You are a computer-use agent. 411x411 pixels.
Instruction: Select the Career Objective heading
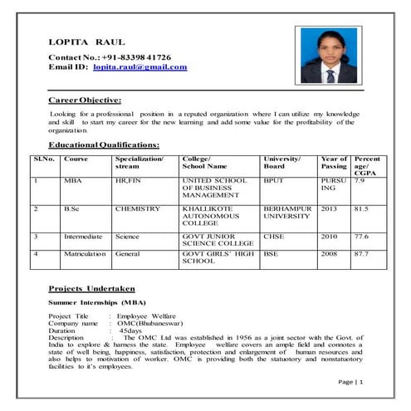tap(91, 100)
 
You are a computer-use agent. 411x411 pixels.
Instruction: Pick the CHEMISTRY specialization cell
tap(137, 209)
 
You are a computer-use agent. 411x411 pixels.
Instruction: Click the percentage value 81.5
tap(361, 209)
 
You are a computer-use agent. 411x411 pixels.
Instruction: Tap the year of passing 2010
tap(329, 237)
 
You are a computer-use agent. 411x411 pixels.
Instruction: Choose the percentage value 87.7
tap(361, 253)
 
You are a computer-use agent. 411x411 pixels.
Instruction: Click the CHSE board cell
tap(273, 237)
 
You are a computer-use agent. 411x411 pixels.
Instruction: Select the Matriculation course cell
tap(85, 253)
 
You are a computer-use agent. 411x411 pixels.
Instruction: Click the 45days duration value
tap(131, 330)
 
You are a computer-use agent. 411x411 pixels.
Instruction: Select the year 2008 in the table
tap(329, 253)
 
